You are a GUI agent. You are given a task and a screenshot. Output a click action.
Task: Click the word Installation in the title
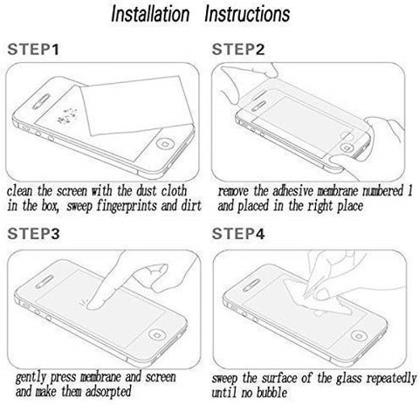pos(150,14)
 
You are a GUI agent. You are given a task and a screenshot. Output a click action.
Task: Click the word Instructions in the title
pos(247,14)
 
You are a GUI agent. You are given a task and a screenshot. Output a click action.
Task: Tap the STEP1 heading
pos(33,49)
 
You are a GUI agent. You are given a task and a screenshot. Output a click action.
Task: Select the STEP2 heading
pos(238,49)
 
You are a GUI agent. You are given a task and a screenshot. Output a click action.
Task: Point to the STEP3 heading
pos(33,234)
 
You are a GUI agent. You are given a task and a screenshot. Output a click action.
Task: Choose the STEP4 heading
pos(238,234)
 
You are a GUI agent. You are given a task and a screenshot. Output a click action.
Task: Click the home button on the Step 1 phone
pos(166,144)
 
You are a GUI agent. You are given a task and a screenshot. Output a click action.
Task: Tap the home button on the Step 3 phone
pos(157,334)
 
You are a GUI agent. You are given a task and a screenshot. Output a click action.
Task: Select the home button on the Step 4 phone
pos(360,335)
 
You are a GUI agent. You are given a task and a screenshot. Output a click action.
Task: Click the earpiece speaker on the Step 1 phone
pos(41,101)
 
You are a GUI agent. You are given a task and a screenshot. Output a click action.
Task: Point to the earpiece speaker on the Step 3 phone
pos(45,282)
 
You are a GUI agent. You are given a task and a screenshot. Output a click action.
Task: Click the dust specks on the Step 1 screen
pos(67,116)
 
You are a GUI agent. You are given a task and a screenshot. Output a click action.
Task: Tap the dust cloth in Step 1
pos(136,106)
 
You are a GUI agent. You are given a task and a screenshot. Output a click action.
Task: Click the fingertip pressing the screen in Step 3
pos(93,305)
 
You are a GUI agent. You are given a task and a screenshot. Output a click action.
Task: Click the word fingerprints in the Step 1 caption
pos(127,206)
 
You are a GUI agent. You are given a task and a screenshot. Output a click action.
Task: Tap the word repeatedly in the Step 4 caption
pos(391,379)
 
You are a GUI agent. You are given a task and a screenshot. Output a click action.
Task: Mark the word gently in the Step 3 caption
pos(31,377)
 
